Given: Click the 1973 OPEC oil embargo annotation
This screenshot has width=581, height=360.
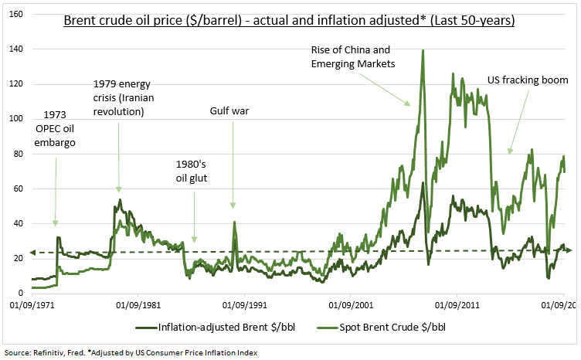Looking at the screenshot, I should click(x=60, y=127).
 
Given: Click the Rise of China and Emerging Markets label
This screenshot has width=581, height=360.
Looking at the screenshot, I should click(x=352, y=58).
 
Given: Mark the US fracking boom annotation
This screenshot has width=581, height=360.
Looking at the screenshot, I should click(x=528, y=80).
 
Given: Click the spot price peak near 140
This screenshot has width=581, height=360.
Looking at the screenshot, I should click(x=423, y=51).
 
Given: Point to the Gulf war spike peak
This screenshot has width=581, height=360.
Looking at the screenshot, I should click(x=234, y=222).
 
